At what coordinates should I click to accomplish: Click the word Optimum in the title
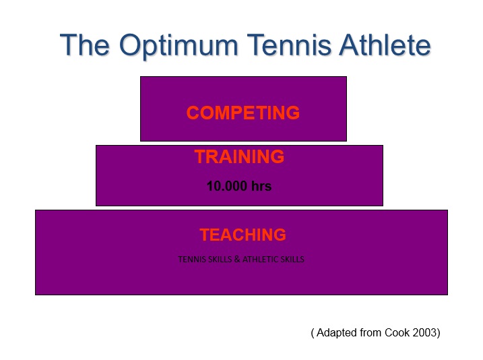click(x=179, y=47)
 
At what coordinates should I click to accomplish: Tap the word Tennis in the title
click(x=289, y=45)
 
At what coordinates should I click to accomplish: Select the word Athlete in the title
click(x=385, y=45)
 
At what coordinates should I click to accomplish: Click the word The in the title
click(x=85, y=45)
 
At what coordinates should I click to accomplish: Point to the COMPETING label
click(x=243, y=113)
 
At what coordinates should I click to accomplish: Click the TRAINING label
click(x=239, y=156)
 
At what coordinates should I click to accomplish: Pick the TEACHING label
click(x=243, y=235)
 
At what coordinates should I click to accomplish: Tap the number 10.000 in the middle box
click(x=227, y=186)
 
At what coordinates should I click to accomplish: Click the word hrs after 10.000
click(x=261, y=186)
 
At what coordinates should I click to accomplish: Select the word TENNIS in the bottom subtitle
click(x=191, y=259)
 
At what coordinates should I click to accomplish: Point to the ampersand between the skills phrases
click(x=237, y=259)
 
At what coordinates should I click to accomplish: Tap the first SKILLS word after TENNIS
click(x=219, y=259)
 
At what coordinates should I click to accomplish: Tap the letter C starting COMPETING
click(x=193, y=113)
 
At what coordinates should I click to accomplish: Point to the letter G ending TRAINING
click(x=278, y=156)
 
